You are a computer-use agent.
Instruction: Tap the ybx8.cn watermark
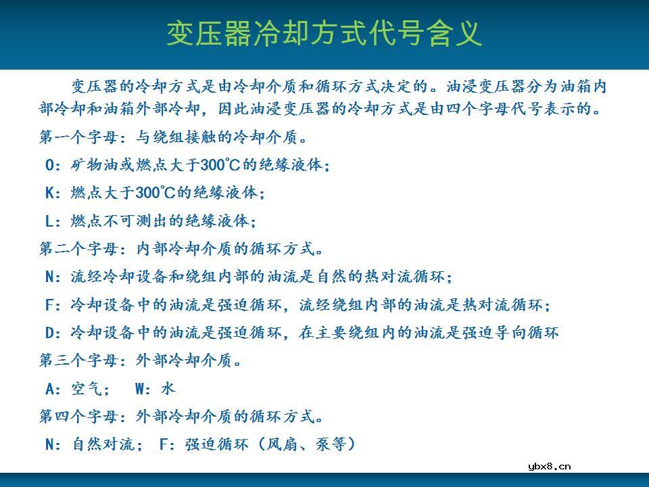click(x=549, y=465)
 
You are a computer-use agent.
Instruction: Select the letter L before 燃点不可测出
click(x=51, y=221)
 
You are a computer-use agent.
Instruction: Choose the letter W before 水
click(x=141, y=388)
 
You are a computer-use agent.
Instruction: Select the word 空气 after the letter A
click(x=87, y=388)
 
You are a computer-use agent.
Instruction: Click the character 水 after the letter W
click(x=168, y=388)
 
